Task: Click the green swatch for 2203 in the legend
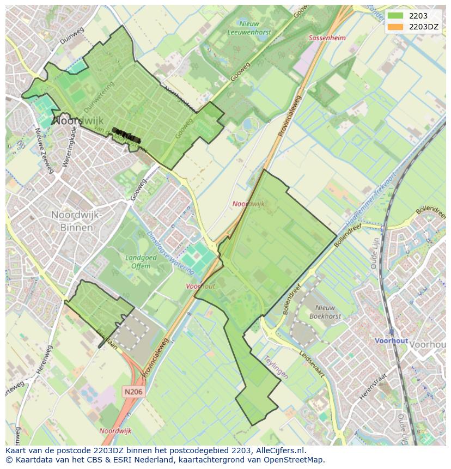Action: pos(396,16)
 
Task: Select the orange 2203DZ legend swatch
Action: pos(396,27)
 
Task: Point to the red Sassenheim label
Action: pos(327,38)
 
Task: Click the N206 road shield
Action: pos(133,391)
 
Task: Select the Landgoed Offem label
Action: pos(141,262)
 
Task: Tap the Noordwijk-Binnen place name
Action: pos(76,221)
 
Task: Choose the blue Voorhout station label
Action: pos(391,340)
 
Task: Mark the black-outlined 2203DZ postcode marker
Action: pos(126,135)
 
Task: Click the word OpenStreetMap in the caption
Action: pos(294,460)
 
